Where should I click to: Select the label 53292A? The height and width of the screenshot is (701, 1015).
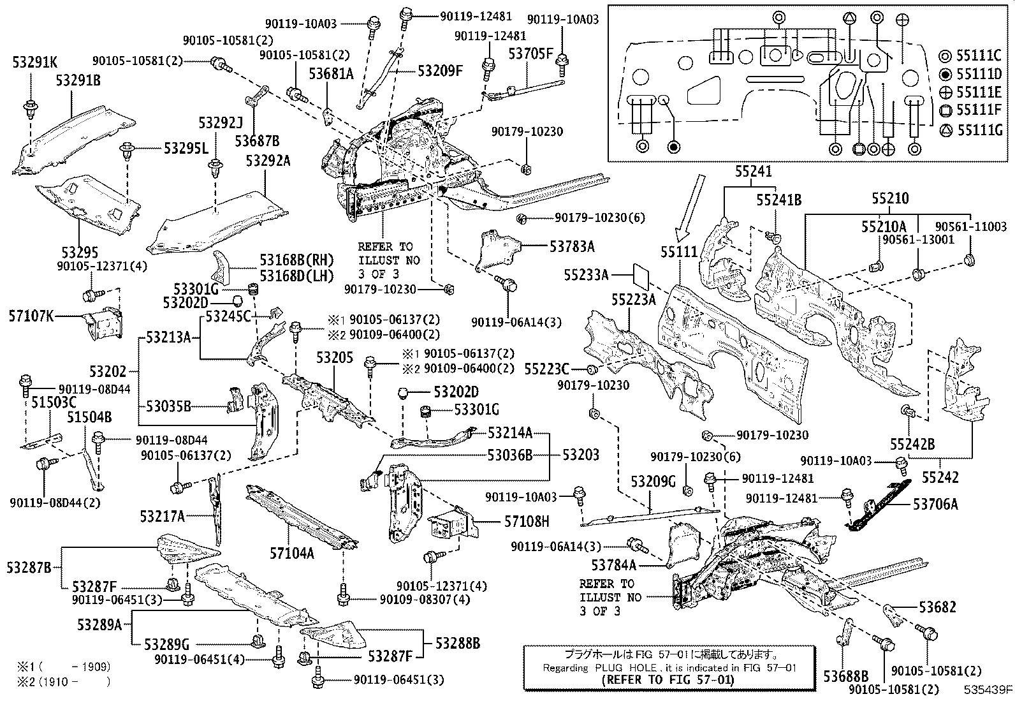pos(268,161)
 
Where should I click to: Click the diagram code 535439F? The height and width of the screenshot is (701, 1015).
pos(988,690)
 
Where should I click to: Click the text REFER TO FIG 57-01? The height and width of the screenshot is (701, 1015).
pos(668,679)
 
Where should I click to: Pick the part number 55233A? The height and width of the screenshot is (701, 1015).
pos(586,275)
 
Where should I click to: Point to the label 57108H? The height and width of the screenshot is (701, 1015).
pos(526,522)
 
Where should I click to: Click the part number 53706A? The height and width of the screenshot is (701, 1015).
pos(935,505)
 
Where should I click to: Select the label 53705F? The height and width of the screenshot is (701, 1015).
pos(530,54)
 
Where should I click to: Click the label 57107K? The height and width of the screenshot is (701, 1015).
pos(32,315)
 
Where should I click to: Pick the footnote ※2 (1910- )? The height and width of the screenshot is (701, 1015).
pos(64,682)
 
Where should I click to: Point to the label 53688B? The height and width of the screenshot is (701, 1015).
pos(845,675)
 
